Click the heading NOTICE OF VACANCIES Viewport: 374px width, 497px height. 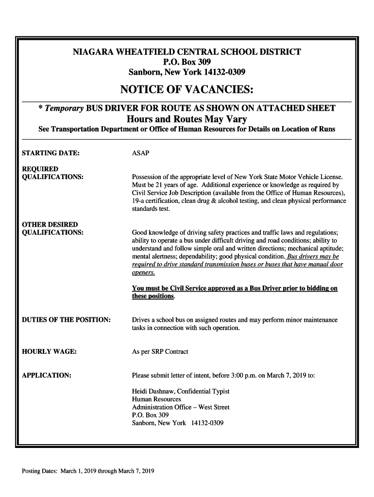point(187,90)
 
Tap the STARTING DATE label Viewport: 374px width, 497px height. point(51,153)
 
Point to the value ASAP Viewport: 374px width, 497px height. point(141,153)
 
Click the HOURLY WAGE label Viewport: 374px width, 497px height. point(50,351)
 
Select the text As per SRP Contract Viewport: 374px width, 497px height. point(160,351)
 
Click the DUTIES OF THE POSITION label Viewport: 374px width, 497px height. point(67,320)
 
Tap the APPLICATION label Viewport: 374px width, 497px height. point(47,375)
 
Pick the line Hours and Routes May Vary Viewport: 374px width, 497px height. point(187,119)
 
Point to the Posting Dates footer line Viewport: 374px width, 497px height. point(86,471)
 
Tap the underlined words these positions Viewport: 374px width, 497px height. point(153,296)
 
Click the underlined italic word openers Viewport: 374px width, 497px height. point(143,272)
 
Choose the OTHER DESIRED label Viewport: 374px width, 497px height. point(50,225)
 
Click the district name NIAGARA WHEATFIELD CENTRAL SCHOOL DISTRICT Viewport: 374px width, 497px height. point(187,52)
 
